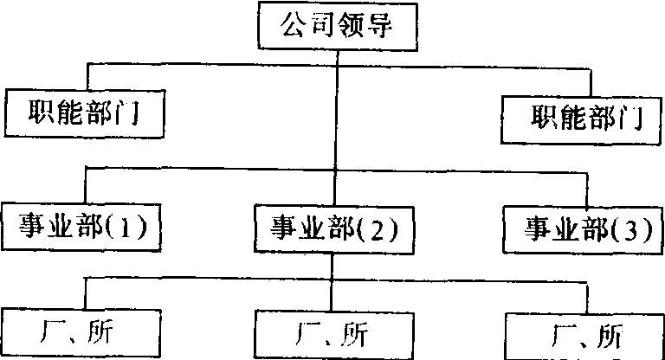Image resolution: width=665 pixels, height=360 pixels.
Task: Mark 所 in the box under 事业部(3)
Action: coord(609,335)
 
